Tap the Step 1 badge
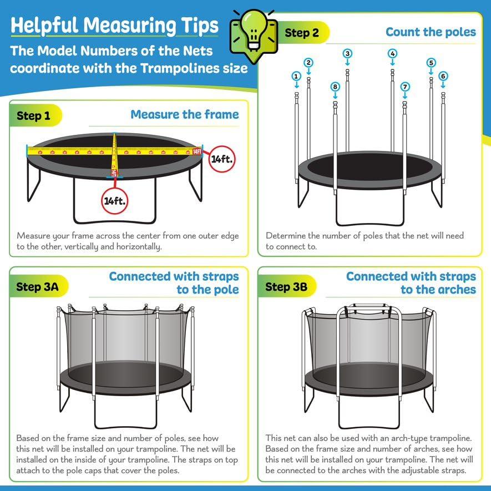(x=33, y=115)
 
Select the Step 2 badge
(x=302, y=33)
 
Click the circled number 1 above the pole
(x=296, y=76)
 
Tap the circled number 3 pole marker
(x=347, y=54)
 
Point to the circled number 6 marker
(x=443, y=76)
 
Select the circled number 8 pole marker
(x=335, y=87)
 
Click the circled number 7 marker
(x=405, y=87)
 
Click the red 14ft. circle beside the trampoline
(x=221, y=159)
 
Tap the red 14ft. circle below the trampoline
(x=115, y=201)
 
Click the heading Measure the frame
(x=185, y=115)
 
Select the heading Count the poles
(x=431, y=32)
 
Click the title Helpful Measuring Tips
(x=114, y=26)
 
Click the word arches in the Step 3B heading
(x=454, y=289)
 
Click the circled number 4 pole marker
(x=392, y=54)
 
